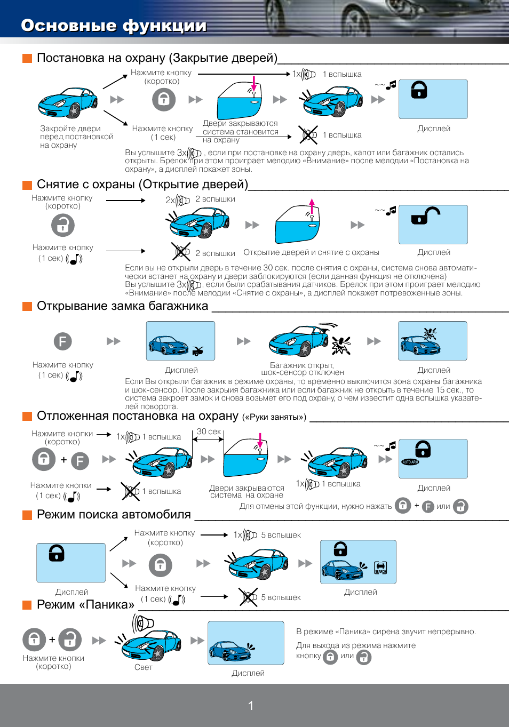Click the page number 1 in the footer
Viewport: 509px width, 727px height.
coord(251,705)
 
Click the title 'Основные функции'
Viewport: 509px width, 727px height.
coord(114,26)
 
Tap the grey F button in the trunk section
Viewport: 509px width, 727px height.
coord(62,341)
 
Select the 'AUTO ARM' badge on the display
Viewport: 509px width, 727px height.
coord(410,462)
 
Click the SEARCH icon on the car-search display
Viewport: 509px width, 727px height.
coord(380,568)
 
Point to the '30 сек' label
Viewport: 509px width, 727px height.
coord(209,432)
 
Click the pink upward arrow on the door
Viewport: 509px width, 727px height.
coord(312,206)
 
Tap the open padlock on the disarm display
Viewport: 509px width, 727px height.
coord(426,216)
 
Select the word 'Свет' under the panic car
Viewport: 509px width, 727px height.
coord(144,667)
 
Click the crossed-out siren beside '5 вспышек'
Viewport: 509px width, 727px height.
coord(248,597)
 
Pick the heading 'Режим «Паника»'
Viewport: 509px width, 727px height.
coord(85,605)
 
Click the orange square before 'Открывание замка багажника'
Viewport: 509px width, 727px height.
coord(27,306)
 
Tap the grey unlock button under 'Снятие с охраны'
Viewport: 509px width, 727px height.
coord(63,225)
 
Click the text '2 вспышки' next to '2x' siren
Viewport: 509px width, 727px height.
coord(215,199)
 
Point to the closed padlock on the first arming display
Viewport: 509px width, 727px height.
coord(419,90)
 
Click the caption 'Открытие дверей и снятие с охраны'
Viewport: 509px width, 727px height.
coord(311,252)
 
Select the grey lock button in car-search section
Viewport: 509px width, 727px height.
coord(161,565)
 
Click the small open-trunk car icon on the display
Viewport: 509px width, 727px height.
coord(198,351)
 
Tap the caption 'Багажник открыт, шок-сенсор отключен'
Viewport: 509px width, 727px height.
coord(303,369)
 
